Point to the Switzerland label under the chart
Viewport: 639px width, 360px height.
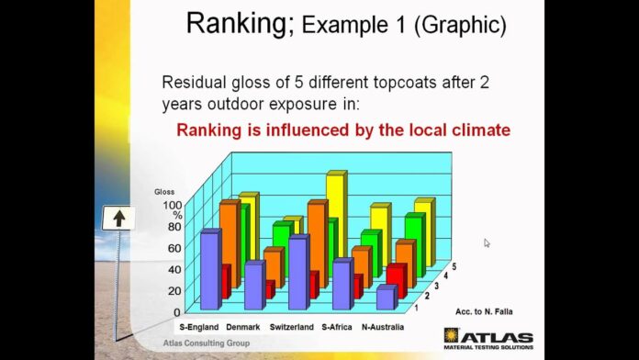[x=292, y=327]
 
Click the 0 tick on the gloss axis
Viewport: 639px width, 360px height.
[x=176, y=312]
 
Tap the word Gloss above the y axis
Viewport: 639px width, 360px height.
[x=164, y=192]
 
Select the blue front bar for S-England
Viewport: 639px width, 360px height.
[x=210, y=270]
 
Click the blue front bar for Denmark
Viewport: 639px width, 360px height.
[x=254, y=286]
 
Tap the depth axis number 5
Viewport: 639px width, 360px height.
[x=454, y=266]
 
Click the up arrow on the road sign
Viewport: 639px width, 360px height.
[x=120, y=219]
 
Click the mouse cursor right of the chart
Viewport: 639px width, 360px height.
[x=487, y=243]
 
